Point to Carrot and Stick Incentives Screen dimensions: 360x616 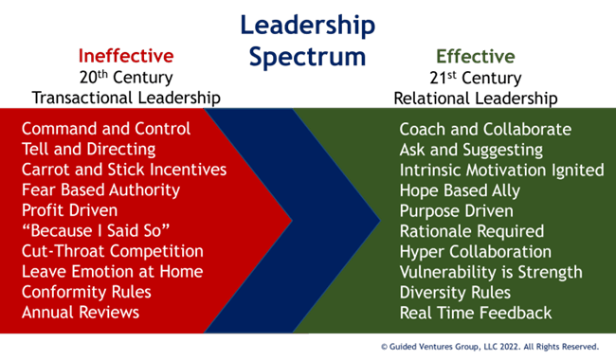point(124,170)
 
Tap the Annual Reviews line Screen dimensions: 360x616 point(81,312)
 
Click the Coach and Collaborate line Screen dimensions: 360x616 point(485,129)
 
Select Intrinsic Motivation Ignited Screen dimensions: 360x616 point(501,170)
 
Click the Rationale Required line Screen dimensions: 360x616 point(472,231)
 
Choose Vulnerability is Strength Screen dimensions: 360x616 point(491,272)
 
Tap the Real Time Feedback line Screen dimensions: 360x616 point(475,312)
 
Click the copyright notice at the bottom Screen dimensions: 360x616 point(488,347)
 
